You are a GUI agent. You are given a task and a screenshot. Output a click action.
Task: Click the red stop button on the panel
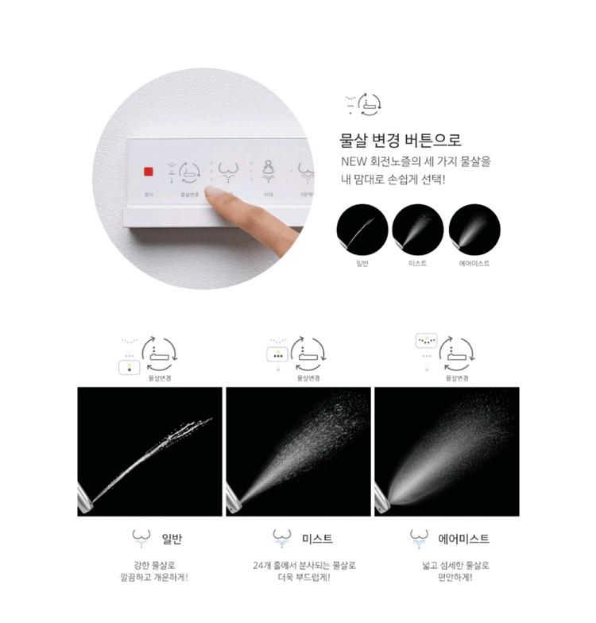tap(148, 171)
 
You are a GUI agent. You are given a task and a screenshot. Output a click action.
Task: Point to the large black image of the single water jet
tap(149, 451)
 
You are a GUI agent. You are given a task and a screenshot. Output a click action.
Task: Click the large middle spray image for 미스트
tap(298, 451)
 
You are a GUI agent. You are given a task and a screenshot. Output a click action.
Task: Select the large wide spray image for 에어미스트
tap(447, 451)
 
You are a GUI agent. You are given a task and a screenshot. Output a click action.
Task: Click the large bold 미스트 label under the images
tap(317, 539)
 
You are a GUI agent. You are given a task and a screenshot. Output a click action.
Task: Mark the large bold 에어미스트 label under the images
tap(464, 539)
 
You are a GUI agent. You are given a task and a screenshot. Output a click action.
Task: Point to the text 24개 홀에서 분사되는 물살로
tap(299, 565)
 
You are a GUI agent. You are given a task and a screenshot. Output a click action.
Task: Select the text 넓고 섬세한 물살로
tap(447, 565)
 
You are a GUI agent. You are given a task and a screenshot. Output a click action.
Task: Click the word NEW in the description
tap(352, 161)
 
